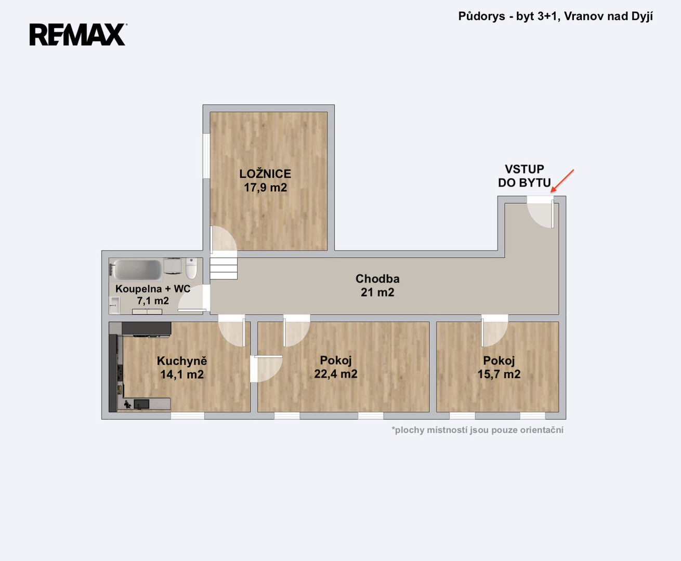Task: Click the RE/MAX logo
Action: pyautogui.click(x=78, y=34)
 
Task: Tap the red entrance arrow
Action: pyautogui.click(x=562, y=181)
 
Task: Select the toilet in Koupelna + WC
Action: pyautogui.click(x=191, y=268)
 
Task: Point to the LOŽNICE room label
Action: pyautogui.click(x=265, y=173)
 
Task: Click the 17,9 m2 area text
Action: pyautogui.click(x=266, y=188)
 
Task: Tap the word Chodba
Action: pyautogui.click(x=377, y=279)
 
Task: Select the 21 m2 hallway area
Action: pyautogui.click(x=377, y=292)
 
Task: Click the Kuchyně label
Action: pyautogui.click(x=181, y=361)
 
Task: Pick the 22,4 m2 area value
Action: pyautogui.click(x=336, y=373)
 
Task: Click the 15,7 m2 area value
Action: pyautogui.click(x=499, y=374)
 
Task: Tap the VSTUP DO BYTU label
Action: pyautogui.click(x=525, y=176)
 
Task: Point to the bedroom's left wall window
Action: pyautogui.click(x=206, y=156)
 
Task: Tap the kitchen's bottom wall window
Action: pyautogui.click(x=188, y=416)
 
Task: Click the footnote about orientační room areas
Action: pyautogui.click(x=478, y=430)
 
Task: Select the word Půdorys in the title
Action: pyautogui.click(x=481, y=16)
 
